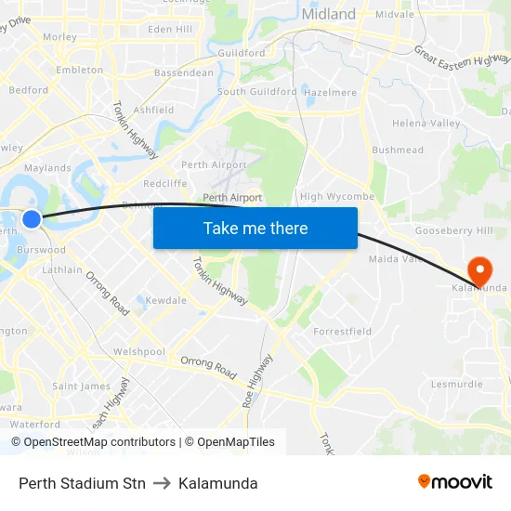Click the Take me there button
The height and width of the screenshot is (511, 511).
point(255,228)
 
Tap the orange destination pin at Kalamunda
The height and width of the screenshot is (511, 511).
point(480,270)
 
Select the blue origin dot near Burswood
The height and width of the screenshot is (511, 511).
point(32,219)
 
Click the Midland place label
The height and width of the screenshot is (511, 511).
point(329,14)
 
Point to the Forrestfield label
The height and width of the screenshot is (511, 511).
point(343,331)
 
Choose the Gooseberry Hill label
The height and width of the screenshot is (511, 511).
point(454,229)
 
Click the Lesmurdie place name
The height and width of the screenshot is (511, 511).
point(456,384)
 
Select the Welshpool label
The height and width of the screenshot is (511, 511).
point(138,352)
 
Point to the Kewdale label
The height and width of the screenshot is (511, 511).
point(166,300)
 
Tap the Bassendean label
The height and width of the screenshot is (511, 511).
point(183,72)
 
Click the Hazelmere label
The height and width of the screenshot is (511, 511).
point(331,93)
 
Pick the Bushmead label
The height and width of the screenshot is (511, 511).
point(398,151)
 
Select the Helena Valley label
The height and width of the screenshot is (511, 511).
point(426,124)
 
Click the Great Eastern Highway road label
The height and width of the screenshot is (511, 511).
point(462,71)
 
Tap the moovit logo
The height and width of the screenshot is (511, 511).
point(455,481)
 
